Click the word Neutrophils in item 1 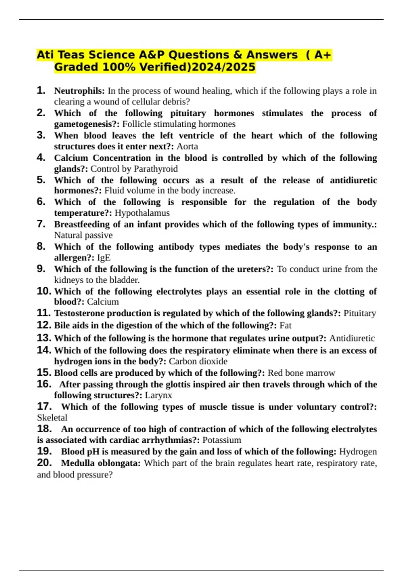pos(79,91)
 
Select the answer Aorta pos(187,146)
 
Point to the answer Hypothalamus pos(142,213)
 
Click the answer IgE pos(103,258)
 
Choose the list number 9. pos(41,269)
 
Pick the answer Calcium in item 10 pos(103,302)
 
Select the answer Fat pos(285,325)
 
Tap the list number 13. pos(44,338)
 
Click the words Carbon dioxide pos(198,361)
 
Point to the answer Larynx pos(159,395)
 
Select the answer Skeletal pos(52,418)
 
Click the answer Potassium pos(222,440)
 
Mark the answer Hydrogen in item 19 pos(358,452)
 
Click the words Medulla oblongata pos(101,463)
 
